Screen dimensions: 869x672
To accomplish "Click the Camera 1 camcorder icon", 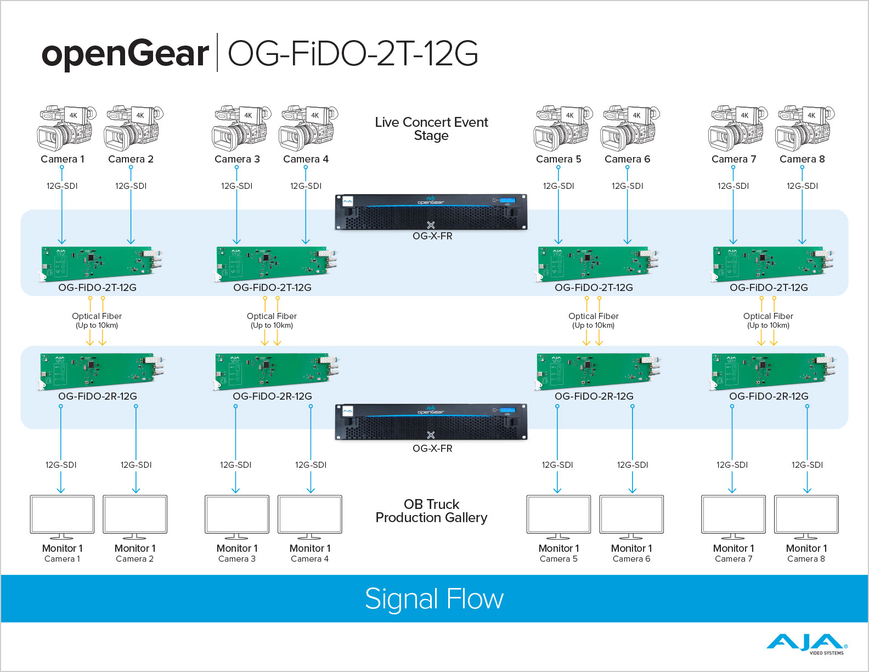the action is point(66,128).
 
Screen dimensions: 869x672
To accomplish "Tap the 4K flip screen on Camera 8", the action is point(811,115).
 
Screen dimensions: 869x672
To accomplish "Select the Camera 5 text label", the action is point(558,159).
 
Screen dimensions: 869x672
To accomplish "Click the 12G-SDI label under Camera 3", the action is point(237,186).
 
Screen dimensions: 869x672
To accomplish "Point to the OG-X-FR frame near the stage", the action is point(431,212).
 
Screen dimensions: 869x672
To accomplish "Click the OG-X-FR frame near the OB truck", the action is point(431,422).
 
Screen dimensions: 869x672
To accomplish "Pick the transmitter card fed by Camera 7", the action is point(772,263).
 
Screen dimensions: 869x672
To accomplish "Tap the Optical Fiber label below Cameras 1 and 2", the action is point(97,320).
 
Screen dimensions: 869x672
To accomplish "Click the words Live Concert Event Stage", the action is point(431,128).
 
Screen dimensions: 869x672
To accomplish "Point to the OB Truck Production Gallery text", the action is point(431,511).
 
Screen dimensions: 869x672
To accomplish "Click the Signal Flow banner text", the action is point(434,599).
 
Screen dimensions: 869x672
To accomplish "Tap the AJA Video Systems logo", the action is point(806,644).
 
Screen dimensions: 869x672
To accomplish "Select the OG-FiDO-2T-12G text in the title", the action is point(353,53).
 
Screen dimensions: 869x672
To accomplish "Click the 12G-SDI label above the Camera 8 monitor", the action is point(807,464).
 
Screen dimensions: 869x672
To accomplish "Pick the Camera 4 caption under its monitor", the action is point(309,559).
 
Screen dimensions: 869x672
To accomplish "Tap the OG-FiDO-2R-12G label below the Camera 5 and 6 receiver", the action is point(594,396).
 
